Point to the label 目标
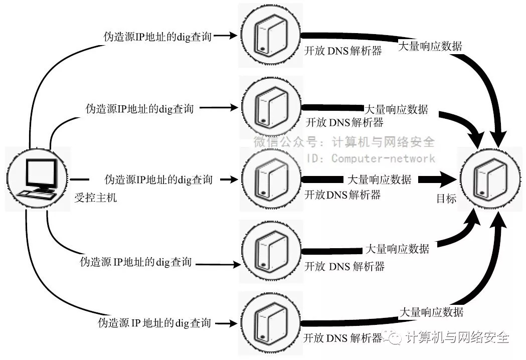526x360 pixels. (446, 199)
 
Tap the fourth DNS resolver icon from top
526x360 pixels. (271, 250)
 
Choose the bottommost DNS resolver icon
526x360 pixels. (271, 321)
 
